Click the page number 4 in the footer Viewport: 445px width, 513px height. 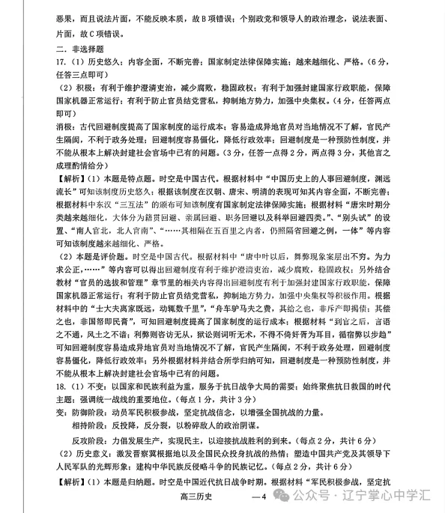[x=261, y=497]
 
